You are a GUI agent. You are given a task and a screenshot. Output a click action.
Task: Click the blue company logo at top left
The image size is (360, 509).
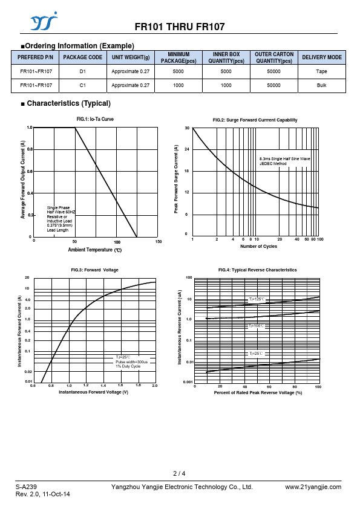point(44,21)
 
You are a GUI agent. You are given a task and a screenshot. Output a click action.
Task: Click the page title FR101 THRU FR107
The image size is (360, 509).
point(180,27)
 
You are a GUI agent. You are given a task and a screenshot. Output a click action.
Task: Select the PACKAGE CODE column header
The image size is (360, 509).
point(82,57)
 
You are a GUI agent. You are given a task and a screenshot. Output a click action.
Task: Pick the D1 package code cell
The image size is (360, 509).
point(82,71)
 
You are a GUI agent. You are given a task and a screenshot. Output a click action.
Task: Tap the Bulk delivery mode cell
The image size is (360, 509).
point(322,85)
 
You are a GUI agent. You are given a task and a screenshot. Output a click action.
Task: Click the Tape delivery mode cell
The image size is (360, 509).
point(322,71)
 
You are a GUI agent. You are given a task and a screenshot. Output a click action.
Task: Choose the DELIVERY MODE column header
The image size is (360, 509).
point(322,57)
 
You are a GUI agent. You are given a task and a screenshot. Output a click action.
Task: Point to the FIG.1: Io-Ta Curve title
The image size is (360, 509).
point(95,119)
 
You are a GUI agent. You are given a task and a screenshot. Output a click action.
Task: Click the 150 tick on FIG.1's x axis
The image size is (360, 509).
point(159,242)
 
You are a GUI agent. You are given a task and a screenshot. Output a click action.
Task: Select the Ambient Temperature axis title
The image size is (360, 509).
point(95,250)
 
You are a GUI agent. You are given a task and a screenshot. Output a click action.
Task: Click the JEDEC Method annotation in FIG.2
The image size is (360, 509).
point(273,164)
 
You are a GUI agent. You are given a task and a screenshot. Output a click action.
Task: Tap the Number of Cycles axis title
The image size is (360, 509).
point(258,247)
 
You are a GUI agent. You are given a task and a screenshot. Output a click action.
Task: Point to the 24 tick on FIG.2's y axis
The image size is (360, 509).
point(187,149)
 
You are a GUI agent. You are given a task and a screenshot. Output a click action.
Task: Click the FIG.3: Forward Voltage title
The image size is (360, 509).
point(94,270)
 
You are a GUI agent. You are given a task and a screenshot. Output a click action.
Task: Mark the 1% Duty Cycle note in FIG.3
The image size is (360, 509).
point(128,366)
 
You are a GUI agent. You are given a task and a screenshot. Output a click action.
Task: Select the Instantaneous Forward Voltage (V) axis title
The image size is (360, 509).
point(94,392)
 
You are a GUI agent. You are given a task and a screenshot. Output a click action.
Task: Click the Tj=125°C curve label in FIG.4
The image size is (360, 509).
point(257,299)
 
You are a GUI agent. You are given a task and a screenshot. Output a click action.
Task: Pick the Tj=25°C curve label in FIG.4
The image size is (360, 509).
point(256,353)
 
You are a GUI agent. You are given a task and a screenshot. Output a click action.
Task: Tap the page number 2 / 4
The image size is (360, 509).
point(179,473)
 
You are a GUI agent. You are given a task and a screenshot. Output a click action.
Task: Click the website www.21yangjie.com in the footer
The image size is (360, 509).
point(313,487)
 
